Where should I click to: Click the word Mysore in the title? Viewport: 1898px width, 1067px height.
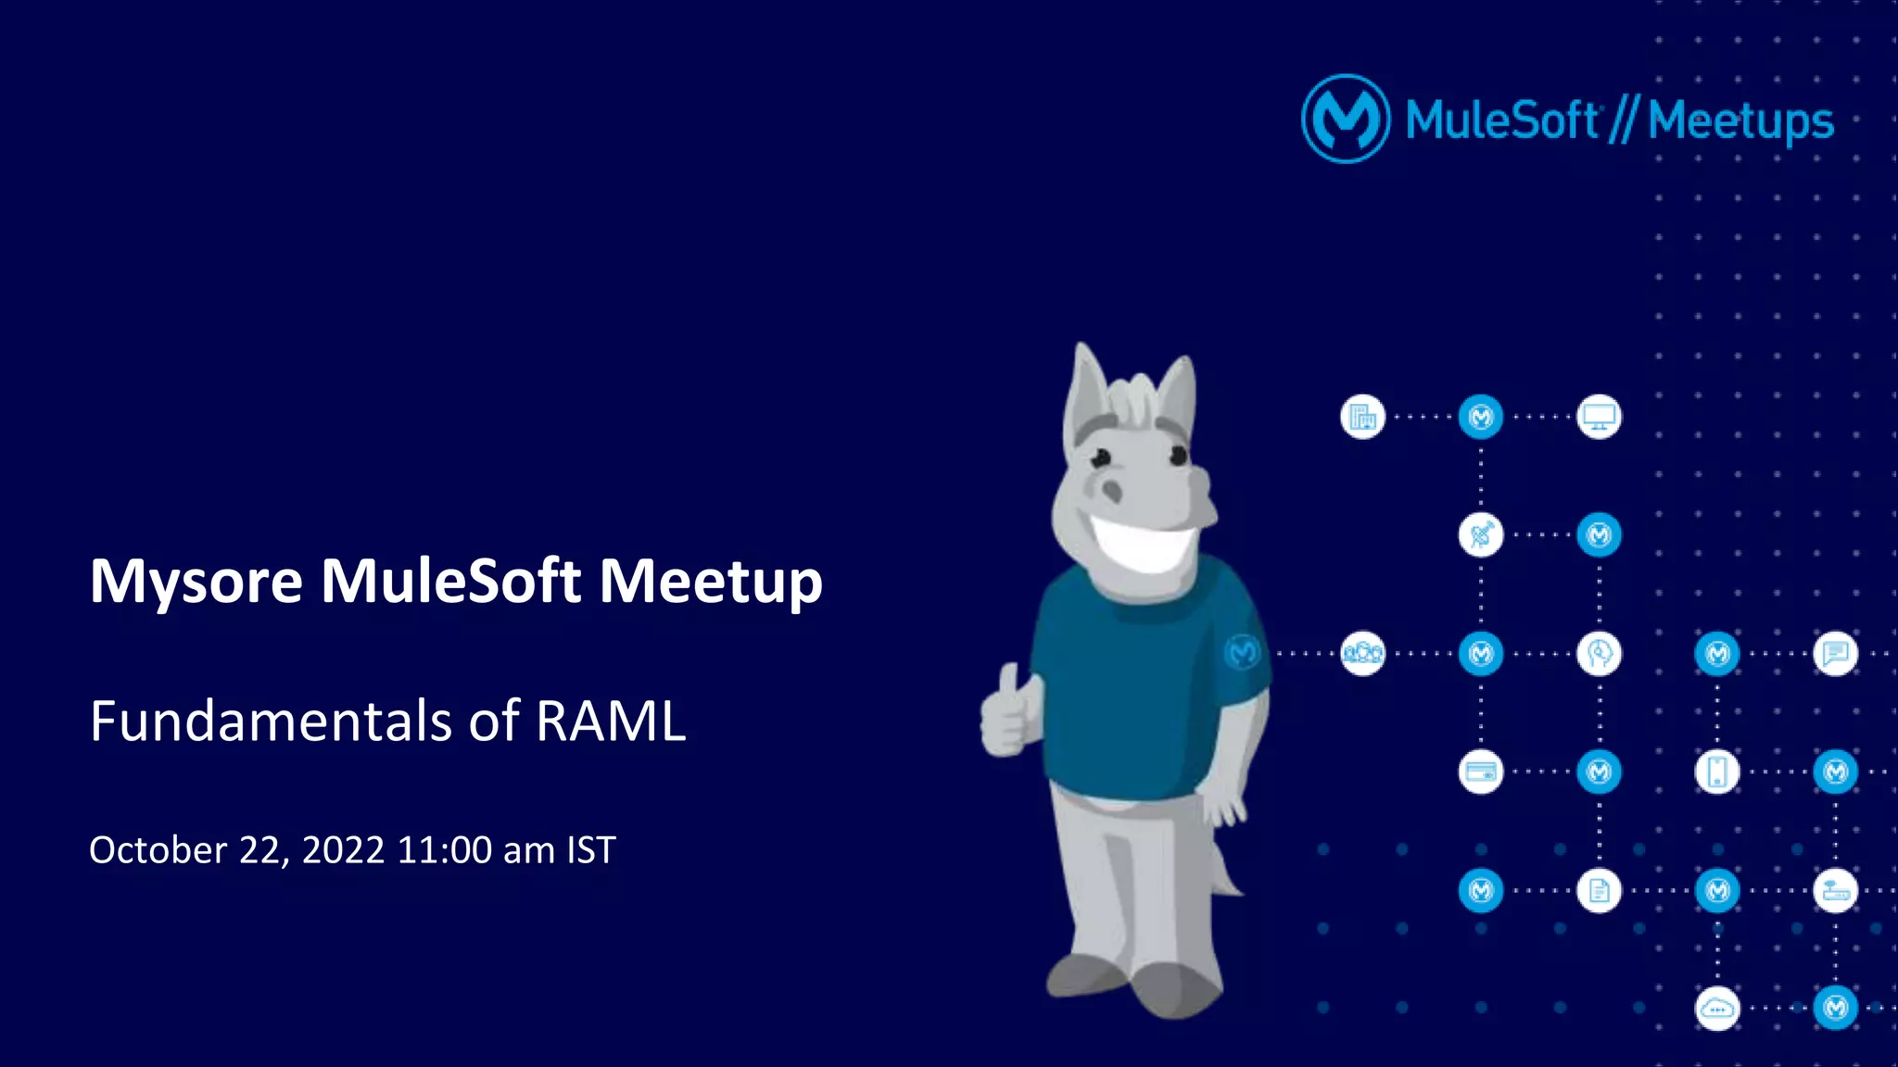click(x=196, y=583)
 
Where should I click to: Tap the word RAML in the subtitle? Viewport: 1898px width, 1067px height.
click(x=611, y=722)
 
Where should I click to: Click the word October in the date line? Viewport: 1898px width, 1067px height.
click(x=158, y=850)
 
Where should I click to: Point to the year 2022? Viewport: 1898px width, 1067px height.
click(x=343, y=850)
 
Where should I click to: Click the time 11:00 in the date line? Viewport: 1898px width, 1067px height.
click(x=444, y=850)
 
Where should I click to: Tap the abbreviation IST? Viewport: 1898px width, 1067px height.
click(x=591, y=850)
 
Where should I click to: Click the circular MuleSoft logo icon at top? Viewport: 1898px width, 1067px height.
click(x=1345, y=119)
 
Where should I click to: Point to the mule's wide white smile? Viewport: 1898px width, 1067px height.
click(x=1145, y=542)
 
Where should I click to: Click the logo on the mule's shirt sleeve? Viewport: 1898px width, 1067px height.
click(x=1242, y=653)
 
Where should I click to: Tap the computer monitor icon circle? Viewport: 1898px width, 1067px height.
click(x=1599, y=417)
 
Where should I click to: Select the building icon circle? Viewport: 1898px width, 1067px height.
click(x=1362, y=417)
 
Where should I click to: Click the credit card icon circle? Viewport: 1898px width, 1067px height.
click(x=1480, y=772)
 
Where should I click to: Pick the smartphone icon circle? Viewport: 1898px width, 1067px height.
click(x=1716, y=772)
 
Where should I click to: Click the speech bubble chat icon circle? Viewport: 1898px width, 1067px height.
click(x=1835, y=654)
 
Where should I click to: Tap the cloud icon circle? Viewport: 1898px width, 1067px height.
click(x=1716, y=1009)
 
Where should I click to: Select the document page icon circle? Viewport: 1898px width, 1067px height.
click(x=1599, y=890)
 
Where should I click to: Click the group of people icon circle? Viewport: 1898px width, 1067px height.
click(x=1362, y=654)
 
